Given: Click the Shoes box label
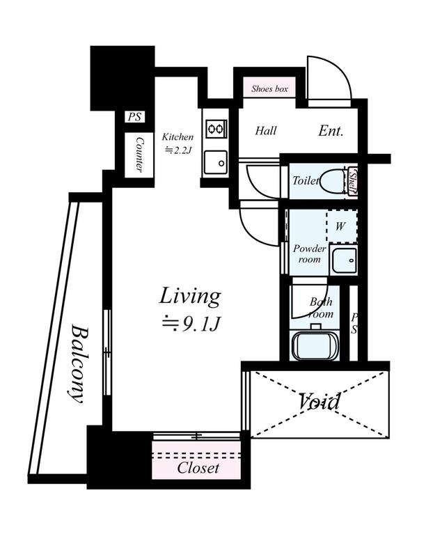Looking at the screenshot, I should tap(269, 89).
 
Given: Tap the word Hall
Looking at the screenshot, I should tap(265, 130).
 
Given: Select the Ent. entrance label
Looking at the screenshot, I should tap(331, 130).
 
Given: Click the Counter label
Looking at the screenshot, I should tap(139, 155).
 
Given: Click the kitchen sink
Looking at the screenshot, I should tap(216, 162).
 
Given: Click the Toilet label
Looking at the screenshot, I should tap(306, 181).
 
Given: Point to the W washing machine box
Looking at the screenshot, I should tap(341, 226).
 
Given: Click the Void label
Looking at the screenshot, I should tap(319, 402).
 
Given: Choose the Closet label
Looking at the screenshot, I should tap(198, 468).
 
